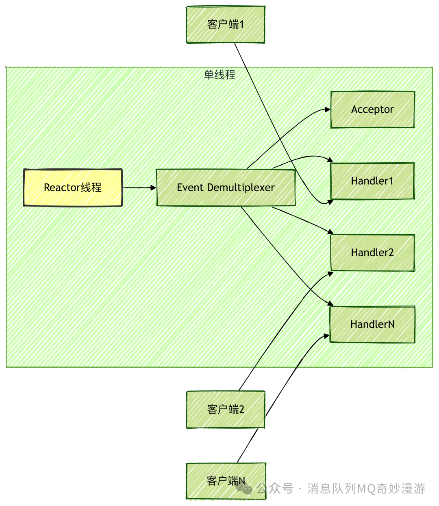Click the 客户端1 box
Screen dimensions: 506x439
[226, 24]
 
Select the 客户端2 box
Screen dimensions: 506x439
[226, 409]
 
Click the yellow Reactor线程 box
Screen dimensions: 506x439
[73, 188]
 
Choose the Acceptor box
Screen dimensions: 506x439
[372, 109]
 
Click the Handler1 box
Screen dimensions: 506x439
[372, 181]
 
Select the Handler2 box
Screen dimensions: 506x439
[372, 253]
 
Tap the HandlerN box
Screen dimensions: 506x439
[372, 324]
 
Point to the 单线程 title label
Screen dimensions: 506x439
[219, 74]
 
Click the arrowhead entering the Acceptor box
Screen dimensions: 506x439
[328, 109]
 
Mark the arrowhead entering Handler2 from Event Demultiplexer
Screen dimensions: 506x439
[330, 232]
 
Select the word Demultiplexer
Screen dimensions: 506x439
[241, 188]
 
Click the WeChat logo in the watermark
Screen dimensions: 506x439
[245, 488]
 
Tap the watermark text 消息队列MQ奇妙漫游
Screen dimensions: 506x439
[366, 488]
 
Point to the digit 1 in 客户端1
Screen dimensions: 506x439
[242, 24]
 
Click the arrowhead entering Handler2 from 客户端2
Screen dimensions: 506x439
[330, 274]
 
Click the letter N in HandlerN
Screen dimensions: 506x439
[391, 324]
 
